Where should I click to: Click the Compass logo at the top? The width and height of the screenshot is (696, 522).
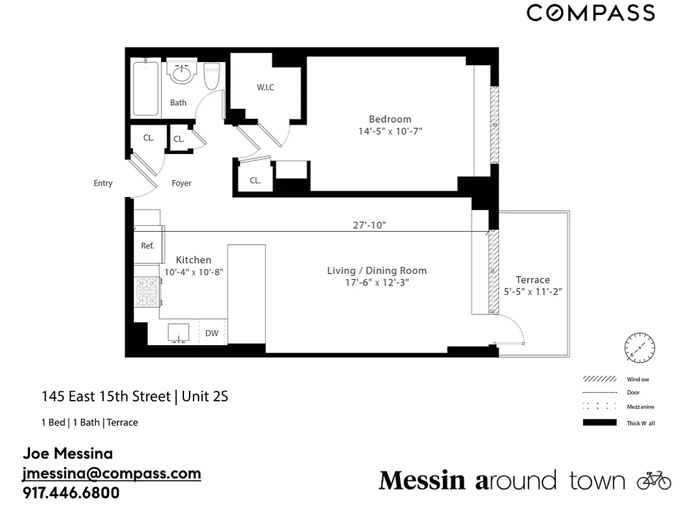590,13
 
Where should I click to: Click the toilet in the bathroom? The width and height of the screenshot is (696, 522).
211,76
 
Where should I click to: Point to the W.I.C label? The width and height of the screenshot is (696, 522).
265,87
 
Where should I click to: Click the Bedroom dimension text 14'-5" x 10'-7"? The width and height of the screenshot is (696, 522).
390,131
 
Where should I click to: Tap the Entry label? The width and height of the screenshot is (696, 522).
103,183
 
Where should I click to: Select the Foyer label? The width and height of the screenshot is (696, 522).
181,183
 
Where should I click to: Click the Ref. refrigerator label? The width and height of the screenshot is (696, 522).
147,246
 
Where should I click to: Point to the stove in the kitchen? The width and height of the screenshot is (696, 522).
147,291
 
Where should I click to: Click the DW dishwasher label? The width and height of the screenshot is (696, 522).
212,333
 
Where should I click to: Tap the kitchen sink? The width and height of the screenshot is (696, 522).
178,333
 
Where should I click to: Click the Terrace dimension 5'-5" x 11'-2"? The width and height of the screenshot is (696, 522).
533,292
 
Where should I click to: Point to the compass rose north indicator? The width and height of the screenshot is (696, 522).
639,348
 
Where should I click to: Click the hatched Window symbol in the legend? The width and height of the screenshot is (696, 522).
599,379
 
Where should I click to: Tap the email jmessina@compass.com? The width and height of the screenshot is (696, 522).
112,473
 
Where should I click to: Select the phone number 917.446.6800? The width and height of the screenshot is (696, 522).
71,493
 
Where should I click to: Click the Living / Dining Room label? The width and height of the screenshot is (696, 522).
376,271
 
